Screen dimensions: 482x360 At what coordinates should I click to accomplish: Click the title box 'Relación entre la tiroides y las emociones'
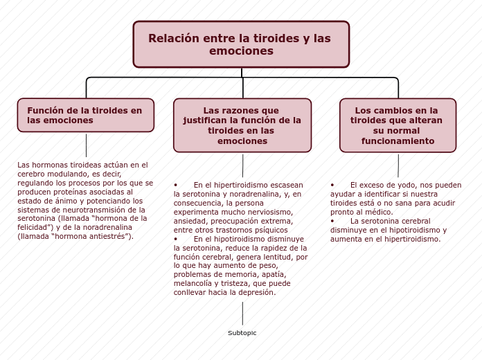(x=241, y=44)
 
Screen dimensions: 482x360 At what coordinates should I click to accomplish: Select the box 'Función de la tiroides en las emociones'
(x=86, y=115)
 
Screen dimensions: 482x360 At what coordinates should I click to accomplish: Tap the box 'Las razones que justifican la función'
(x=242, y=125)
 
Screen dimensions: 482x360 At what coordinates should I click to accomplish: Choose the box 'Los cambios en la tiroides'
(x=398, y=125)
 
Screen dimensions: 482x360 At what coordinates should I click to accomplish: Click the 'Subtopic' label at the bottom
(x=242, y=333)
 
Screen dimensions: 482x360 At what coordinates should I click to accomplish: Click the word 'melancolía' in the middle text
(x=192, y=283)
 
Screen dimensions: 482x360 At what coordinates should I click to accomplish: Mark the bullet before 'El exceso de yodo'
(x=333, y=185)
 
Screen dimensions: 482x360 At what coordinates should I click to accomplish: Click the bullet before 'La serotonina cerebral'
(x=333, y=221)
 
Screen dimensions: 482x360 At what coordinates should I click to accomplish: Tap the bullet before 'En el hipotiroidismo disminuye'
(x=176, y=238)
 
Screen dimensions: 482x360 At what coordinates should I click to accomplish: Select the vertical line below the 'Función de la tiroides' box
(x=86, y=145)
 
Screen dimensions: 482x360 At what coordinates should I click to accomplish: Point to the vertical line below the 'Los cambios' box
(x=398, y=165)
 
